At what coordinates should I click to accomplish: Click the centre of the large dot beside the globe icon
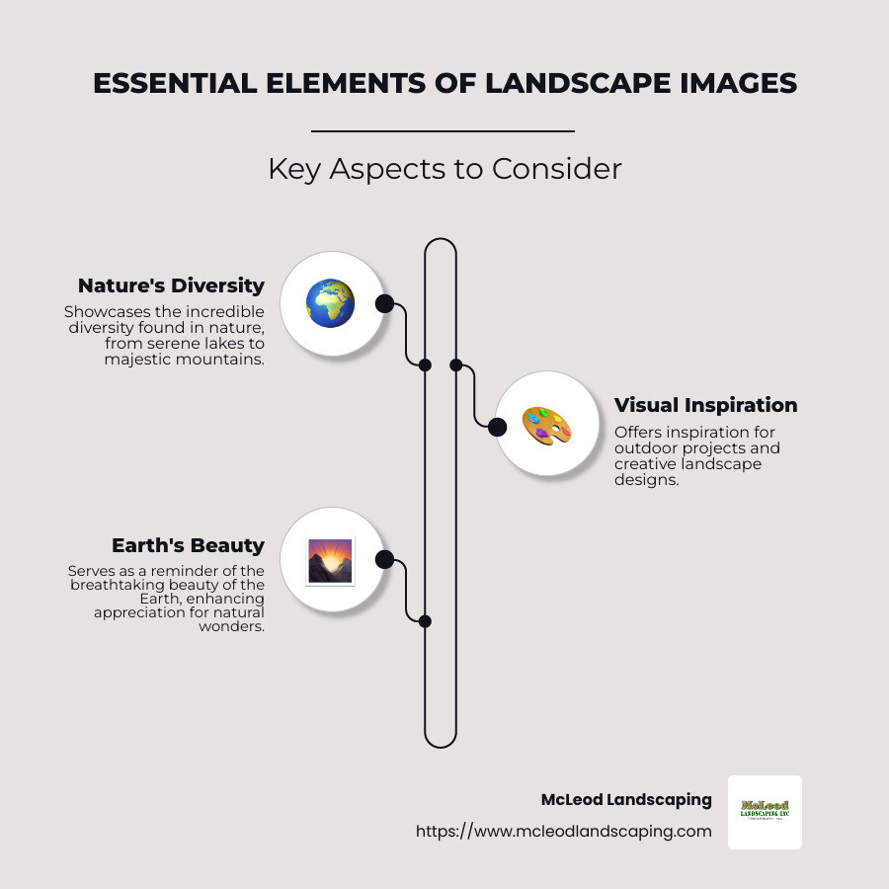[384, 304]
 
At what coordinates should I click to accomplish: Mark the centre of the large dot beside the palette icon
[497, 427]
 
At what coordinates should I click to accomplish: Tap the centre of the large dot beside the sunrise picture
[384, 560]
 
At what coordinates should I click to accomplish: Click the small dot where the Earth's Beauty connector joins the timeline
[425, 621]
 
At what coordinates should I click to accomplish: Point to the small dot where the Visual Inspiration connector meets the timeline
[455, 365]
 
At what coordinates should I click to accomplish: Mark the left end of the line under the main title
[311, 131]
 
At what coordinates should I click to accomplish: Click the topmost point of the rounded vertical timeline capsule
[441, 238]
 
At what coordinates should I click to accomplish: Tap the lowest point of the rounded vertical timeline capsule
[441, 749]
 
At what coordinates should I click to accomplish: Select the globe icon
[330, 303]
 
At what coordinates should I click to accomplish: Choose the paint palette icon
[546, 426]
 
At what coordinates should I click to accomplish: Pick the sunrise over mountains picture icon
[330, 561]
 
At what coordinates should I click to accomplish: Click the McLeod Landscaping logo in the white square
[765, 810]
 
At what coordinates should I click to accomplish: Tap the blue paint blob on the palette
[533, 419]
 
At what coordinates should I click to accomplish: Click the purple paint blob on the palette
[541, 434]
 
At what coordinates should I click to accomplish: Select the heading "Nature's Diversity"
[171, 285]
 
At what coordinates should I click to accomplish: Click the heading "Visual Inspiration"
[706, 405]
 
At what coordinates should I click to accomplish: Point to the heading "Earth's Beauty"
[189, 545]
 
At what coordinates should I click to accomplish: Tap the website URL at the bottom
[564, 831]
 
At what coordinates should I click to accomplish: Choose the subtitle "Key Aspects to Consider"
[445, 169]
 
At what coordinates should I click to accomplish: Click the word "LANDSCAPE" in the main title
[578, 83]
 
